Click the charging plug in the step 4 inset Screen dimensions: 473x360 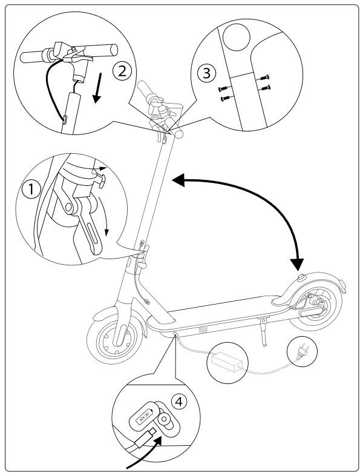tap(148, 437)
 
